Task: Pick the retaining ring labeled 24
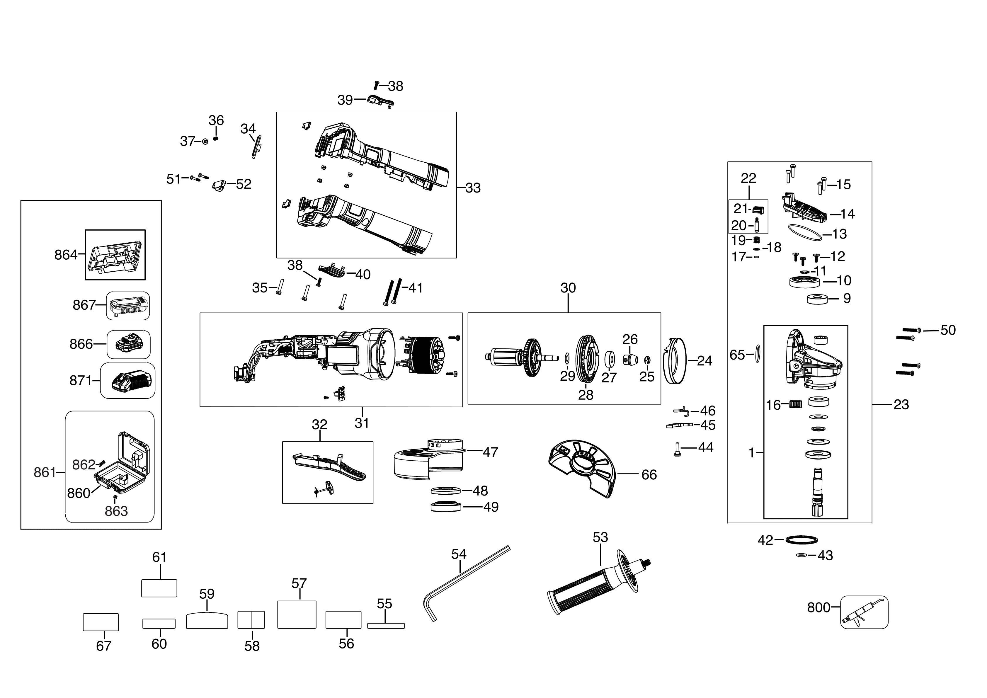(675, 361)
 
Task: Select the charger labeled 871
(128, 381)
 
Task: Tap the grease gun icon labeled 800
(864, 612)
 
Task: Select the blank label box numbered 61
(159, 588)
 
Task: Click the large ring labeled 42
(801, 540)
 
